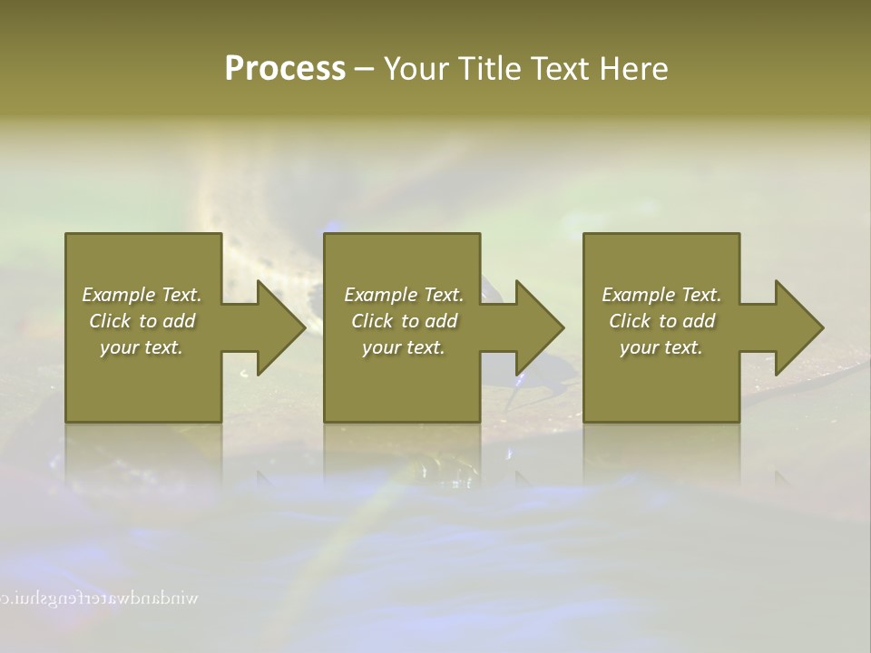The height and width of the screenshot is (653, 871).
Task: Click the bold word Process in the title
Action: coord(285,69)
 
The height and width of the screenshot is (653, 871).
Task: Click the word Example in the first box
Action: coord(119,295)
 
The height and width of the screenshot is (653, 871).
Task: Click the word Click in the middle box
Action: coord(372,321)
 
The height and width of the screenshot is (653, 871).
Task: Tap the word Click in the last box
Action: coord(630,321)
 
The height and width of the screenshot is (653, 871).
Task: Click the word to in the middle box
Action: coord(410,321)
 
